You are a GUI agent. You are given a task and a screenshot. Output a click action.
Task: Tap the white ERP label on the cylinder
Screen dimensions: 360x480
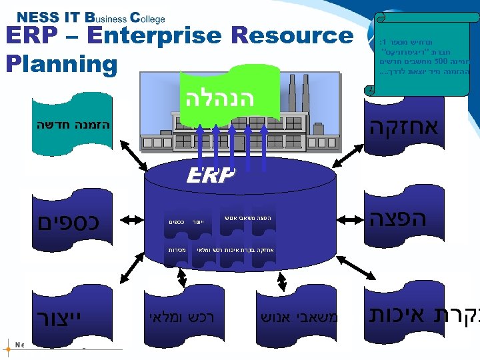(210, 175)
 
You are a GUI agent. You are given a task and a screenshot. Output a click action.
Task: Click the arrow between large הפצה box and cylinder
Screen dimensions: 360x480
(348, 217)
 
